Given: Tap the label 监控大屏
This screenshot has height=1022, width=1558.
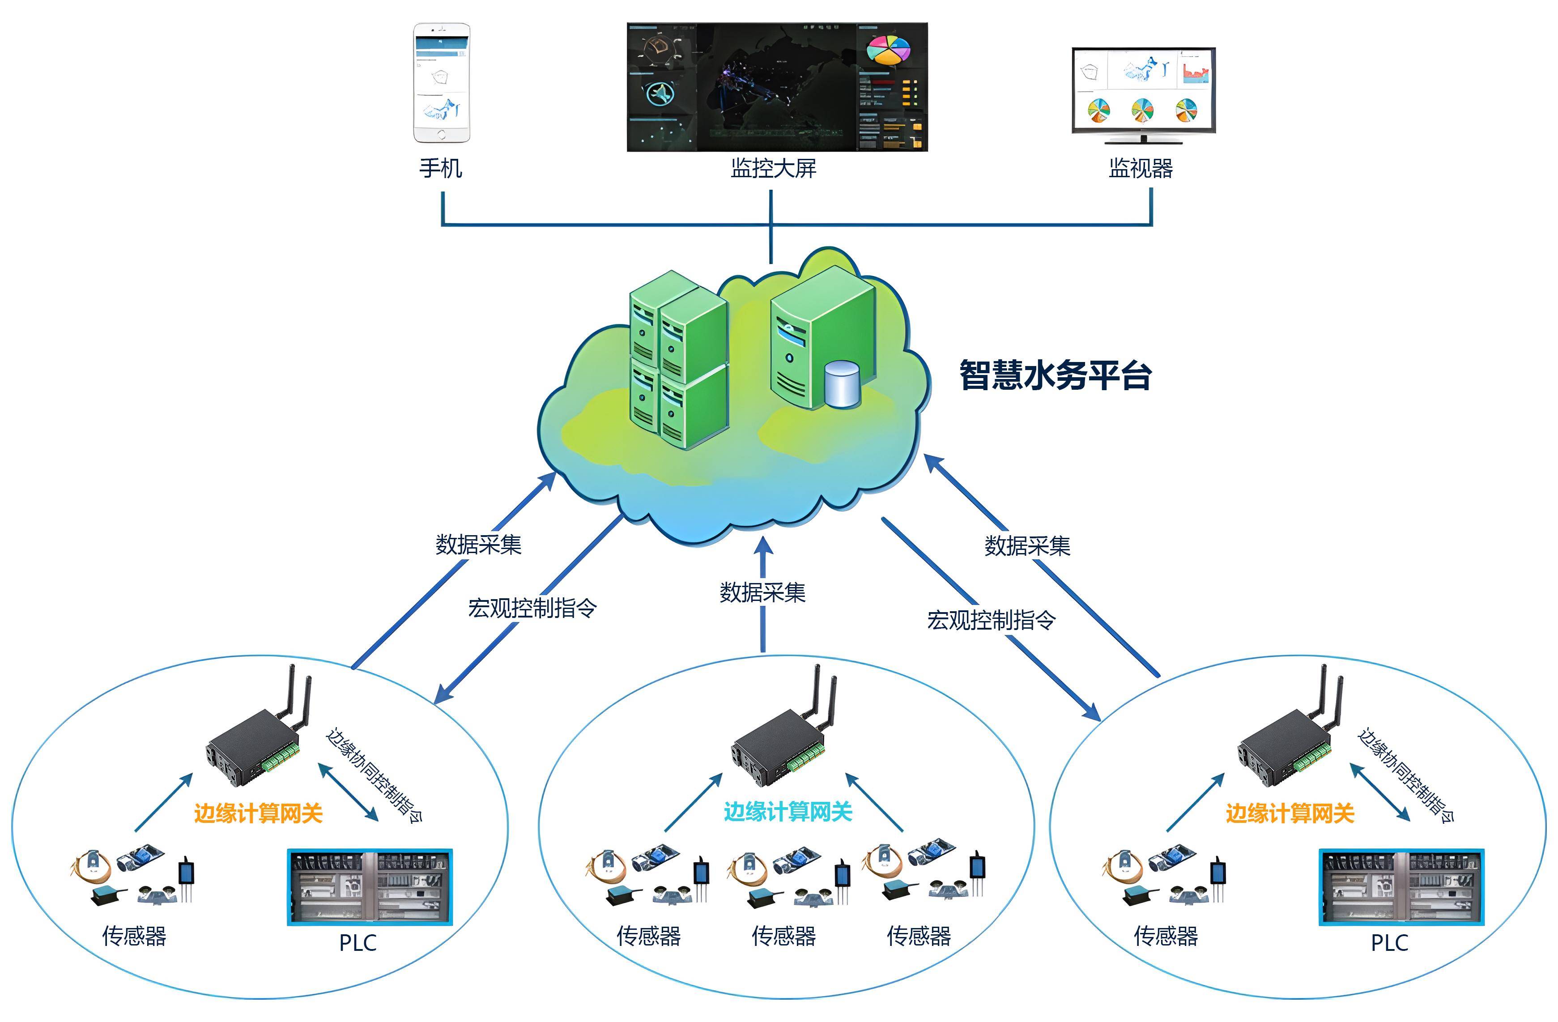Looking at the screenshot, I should pyautogui.click(x=773, y=168).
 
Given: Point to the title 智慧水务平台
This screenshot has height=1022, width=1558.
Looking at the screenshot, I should pyautogui.click(x=1055, y=375).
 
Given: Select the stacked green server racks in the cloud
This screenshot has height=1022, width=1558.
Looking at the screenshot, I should pyautogui.click(x=678, y=361).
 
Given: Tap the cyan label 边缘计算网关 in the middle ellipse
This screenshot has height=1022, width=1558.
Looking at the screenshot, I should pyautogui.click(x=788, y=812).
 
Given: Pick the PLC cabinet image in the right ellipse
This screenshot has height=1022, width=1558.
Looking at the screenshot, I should pyautogui.click(x=1401, y=887).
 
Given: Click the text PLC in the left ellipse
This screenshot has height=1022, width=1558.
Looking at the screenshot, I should pyautogui.click(x=358, y=943).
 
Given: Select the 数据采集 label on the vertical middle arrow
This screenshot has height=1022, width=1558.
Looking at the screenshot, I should pyautogui.click(x=762, y=592).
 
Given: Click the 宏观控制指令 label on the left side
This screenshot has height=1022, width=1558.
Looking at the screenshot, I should pyautogui.click(x=532, y=608).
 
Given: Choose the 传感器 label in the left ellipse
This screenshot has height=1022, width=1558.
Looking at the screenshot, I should pyautogui.click(x=134, y=936).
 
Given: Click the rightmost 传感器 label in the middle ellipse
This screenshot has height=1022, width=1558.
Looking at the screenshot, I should pyautogui.click(x=919, y=936).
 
